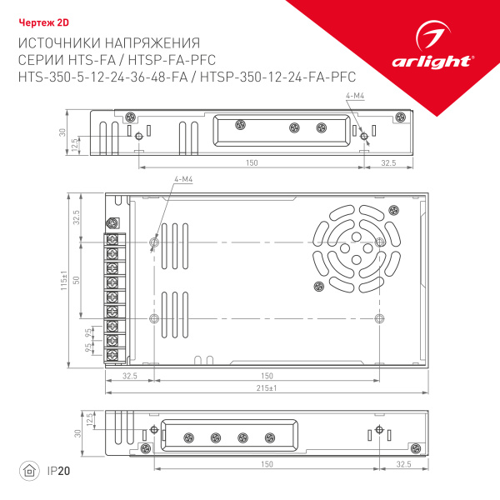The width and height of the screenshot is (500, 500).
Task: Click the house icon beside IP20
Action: pyautogui.click(x=29, y=471)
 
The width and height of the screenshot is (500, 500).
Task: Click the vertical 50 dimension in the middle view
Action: pyautogui.click(x=76, y=280)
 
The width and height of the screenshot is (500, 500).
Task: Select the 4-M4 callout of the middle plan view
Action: pyautogui.click(x=183, y=180)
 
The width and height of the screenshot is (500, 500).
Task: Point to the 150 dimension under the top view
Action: pyautogui.click(x=251, y=163)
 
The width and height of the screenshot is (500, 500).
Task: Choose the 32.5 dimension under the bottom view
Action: pyautogui.click(x=403, y=463)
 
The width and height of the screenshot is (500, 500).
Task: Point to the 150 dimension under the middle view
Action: pyautogui.click(x=267, y=376)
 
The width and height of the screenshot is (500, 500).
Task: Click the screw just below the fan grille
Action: pyautogui.click(x=317, y=287)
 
